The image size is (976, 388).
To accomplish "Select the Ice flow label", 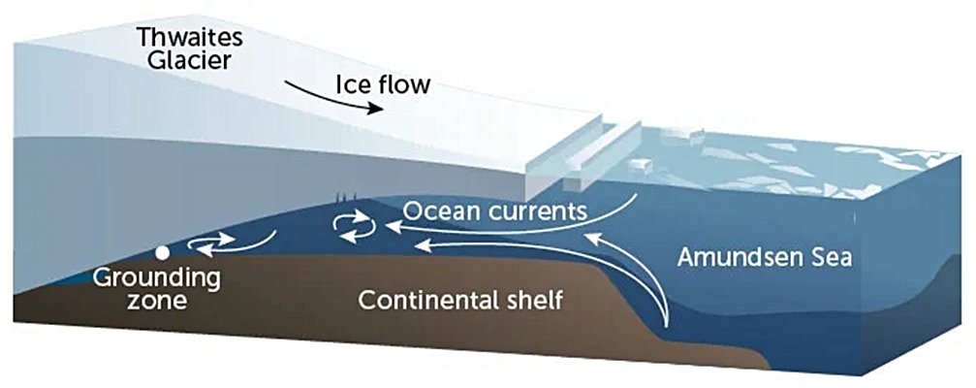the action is click(x=383, y=84).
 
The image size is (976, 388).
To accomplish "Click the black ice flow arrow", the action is click(x=334, y=98).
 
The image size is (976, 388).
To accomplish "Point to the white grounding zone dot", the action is click(x=163, y=253).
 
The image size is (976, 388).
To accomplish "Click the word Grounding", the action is click(x=156, y=279).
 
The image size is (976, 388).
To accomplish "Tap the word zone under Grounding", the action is click(x=156, y=302).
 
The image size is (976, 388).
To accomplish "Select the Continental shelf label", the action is click(x=460, y=301).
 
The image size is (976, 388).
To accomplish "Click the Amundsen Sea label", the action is click(x=765, y=257).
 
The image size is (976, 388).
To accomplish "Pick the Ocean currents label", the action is click(x=495, y=211).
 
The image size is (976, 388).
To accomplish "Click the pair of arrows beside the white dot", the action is click(x=211, y=244).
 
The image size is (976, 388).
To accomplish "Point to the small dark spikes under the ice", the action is click(x=344, y=197).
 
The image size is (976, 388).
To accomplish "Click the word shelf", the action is click(x=535, y=301).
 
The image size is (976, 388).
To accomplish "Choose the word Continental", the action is click(x=428, y=301).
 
